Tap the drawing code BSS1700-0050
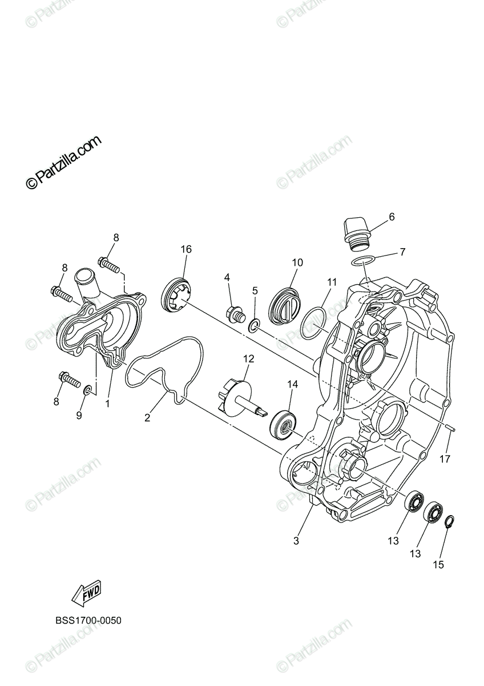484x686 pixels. [88, 621]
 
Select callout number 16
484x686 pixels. [186, 249]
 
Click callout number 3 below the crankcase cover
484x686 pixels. [296, 540]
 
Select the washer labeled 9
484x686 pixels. [88, 390]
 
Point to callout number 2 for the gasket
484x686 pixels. [147, 418]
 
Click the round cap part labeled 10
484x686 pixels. [285, 300]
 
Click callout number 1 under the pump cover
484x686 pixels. [107, 403]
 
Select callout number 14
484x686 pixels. [293, 385]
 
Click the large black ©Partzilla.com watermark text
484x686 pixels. [63, 162]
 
